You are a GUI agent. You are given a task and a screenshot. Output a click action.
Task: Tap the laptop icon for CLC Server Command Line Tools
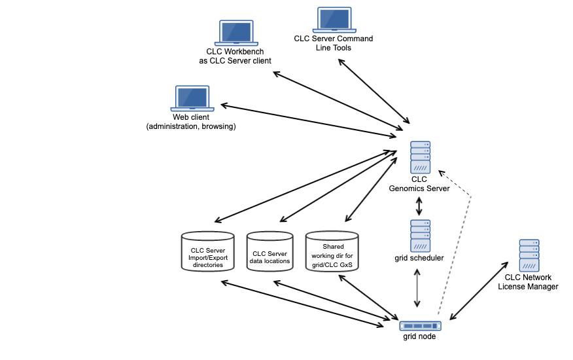point(334,20)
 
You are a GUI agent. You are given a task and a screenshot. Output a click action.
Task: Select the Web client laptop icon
point(192,98)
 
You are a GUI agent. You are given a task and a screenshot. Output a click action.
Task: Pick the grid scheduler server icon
point(420,236)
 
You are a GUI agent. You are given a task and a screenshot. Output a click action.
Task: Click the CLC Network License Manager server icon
point(529,256)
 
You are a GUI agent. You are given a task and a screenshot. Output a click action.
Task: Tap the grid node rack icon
point(419,325)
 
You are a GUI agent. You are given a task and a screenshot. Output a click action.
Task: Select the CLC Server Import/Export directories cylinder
point(207,253)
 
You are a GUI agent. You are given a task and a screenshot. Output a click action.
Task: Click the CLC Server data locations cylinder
point(269,253)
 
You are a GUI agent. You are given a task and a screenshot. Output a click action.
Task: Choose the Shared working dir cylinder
point(332,251)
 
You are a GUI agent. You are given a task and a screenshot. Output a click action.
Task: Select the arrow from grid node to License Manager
point(478,291)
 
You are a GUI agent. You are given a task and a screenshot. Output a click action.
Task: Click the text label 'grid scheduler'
point(419,258)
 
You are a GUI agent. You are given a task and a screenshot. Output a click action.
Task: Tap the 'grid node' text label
point(419,336)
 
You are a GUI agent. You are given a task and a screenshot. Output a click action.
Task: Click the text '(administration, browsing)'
point(191,126)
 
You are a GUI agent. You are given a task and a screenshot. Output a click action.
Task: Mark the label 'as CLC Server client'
point(235,61)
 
